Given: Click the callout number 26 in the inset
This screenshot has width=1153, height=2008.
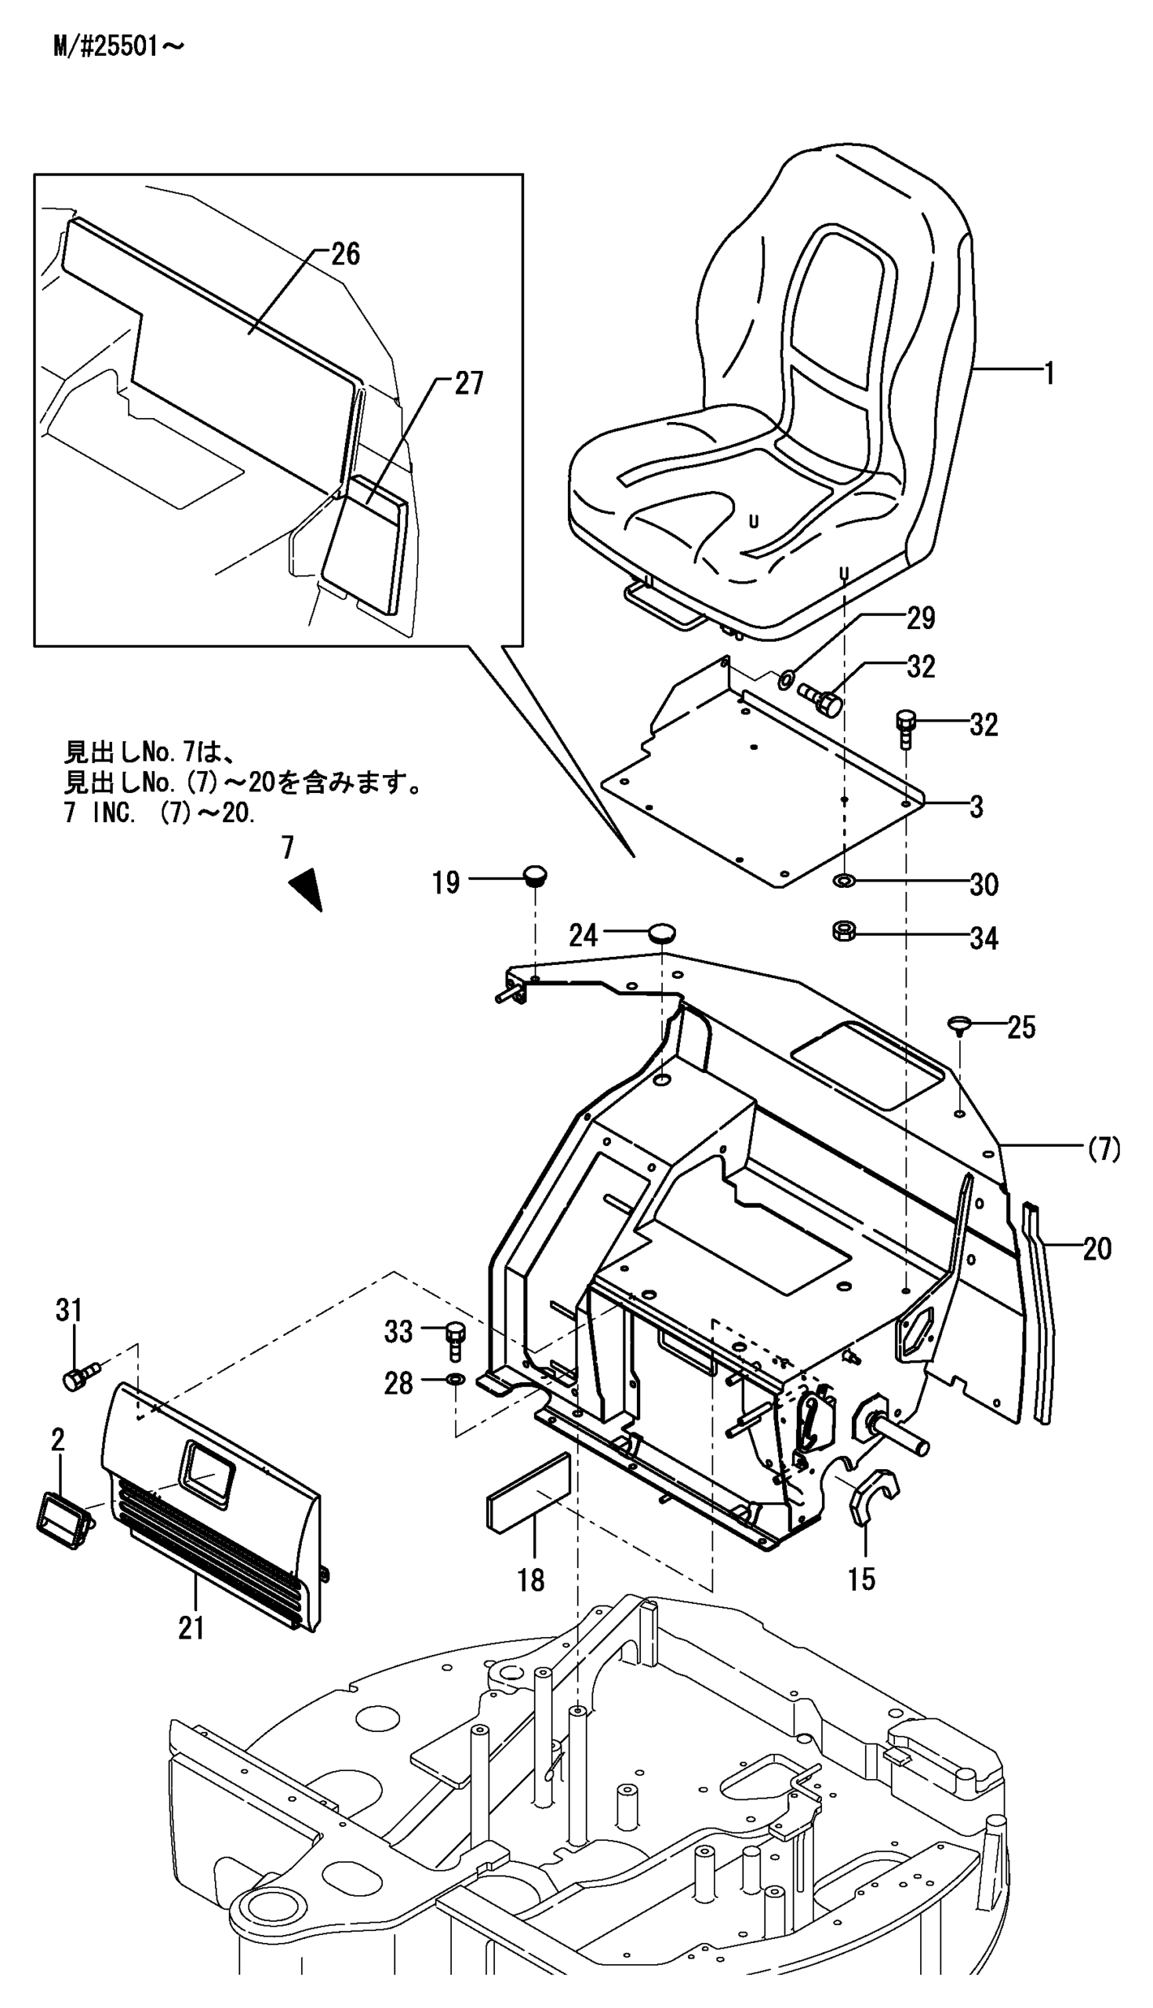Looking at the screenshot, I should [345, 255].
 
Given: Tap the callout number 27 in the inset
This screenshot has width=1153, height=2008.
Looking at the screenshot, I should [468, 384].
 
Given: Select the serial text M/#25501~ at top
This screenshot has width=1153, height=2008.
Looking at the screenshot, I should [118, 48].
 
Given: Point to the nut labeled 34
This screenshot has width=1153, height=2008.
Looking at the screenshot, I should [842, 931].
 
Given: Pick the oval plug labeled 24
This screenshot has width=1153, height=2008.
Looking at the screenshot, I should [661, 933].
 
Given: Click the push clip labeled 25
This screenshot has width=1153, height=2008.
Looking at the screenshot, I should [959, 1025].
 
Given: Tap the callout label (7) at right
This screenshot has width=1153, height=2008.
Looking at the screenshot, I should [1103, 1149].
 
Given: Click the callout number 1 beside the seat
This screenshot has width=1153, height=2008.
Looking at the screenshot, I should [1049, 373].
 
